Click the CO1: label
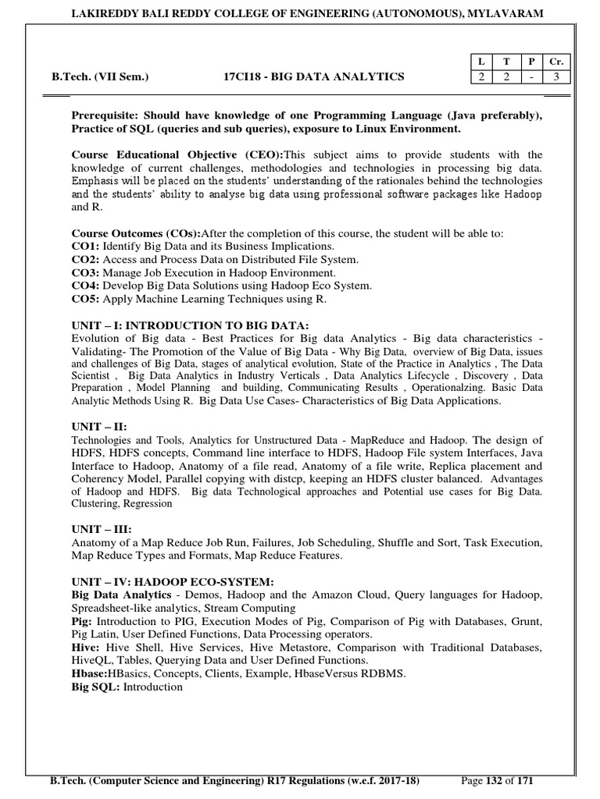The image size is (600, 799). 86,246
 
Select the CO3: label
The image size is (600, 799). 86,272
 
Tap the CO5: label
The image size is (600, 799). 86,299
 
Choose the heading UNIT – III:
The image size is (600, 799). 102,528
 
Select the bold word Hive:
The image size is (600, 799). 86,648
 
